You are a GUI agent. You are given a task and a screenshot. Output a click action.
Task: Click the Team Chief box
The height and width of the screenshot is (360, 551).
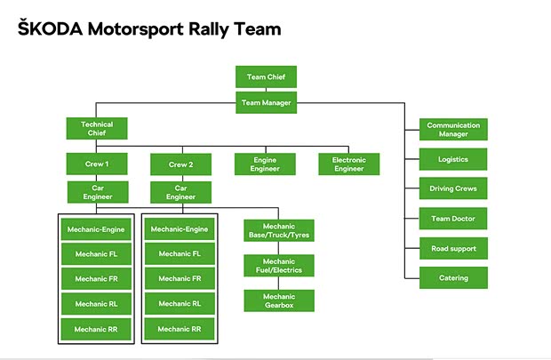click(x=266, y=77)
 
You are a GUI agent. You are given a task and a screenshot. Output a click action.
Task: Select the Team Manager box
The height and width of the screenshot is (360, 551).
click(x=266, y=101)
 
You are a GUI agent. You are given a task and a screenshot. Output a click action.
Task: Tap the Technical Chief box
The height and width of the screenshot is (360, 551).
click(x=96, y=129)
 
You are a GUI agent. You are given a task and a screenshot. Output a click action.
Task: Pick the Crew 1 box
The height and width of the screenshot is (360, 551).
click(x=96, y=164)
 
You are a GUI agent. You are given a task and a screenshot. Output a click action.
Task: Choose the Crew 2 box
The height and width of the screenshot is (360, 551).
click(x=180, y=164)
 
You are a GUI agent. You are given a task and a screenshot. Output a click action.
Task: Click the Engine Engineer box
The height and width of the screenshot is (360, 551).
click(x=266, y=164)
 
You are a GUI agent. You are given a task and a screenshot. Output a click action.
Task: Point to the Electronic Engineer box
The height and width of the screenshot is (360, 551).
click(x=349, y=164)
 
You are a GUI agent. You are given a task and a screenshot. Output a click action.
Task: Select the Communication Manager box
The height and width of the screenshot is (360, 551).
click(x=453, y=130)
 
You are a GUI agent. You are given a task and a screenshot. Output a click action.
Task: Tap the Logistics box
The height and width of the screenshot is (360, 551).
click(x=453, y=159)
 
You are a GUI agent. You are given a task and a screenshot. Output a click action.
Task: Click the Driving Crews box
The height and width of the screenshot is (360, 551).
click(x=453, y=189)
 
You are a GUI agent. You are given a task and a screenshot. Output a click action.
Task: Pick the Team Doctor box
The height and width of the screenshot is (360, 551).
click(x=453, y=219)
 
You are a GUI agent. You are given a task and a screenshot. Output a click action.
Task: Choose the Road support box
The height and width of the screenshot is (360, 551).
click(x=453, y=248)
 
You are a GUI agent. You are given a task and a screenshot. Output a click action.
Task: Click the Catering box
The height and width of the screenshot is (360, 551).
click(x=453, y=277)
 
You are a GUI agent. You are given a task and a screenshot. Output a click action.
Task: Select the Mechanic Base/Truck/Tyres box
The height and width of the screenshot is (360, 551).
click(x=279, y=230)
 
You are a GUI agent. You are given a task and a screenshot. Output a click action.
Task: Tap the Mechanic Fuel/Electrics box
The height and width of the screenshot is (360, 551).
click(x=279, y=265)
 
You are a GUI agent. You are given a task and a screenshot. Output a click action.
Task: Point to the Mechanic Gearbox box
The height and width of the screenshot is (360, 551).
click(x=279, y=300)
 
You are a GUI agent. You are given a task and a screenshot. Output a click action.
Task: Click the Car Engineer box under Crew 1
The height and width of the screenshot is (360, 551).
click(x=96, y=193)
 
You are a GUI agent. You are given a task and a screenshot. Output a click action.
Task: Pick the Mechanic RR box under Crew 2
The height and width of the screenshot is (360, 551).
click(x=180, y=329)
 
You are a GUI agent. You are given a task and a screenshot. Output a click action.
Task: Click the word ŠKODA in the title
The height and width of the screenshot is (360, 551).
click(x=49, y=29)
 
